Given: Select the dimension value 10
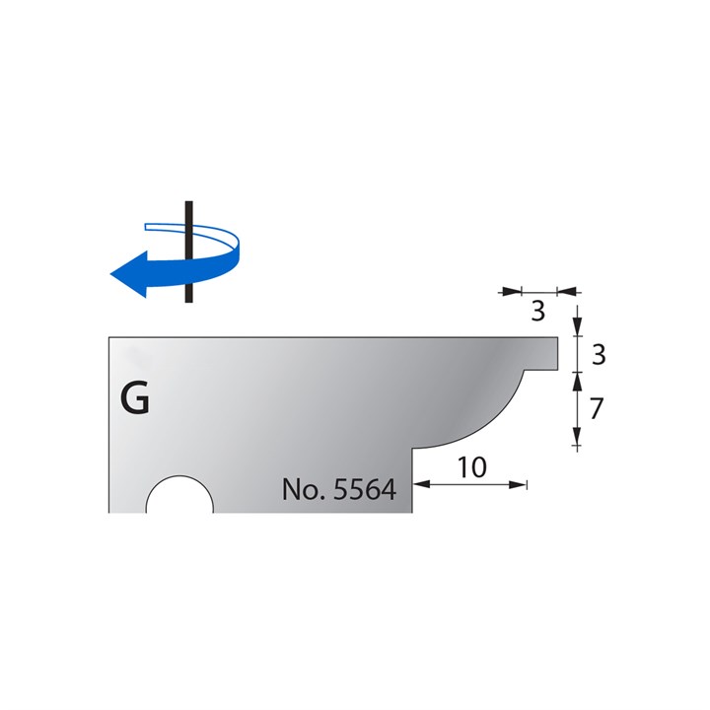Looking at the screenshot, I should point(472,467).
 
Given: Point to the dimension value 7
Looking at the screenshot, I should point(596,409).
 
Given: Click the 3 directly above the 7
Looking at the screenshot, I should point(596,355).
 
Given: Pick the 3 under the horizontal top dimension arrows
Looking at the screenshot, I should point(537,313).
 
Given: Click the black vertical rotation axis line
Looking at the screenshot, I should point(185,251).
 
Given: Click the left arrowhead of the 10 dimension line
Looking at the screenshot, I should point(421,484).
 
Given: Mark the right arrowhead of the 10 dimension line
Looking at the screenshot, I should point(520,484).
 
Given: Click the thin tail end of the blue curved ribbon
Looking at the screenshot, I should point(150,226).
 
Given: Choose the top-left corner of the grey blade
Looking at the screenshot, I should point(109,338).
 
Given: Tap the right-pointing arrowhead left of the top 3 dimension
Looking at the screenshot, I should point(513,291).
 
